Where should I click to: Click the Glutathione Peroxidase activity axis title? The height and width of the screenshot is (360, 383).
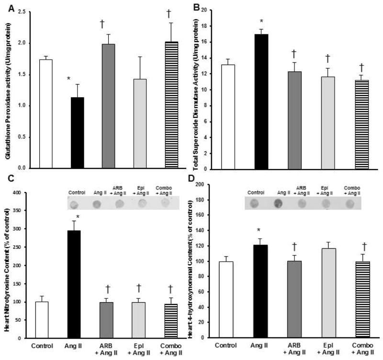[6, 89]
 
